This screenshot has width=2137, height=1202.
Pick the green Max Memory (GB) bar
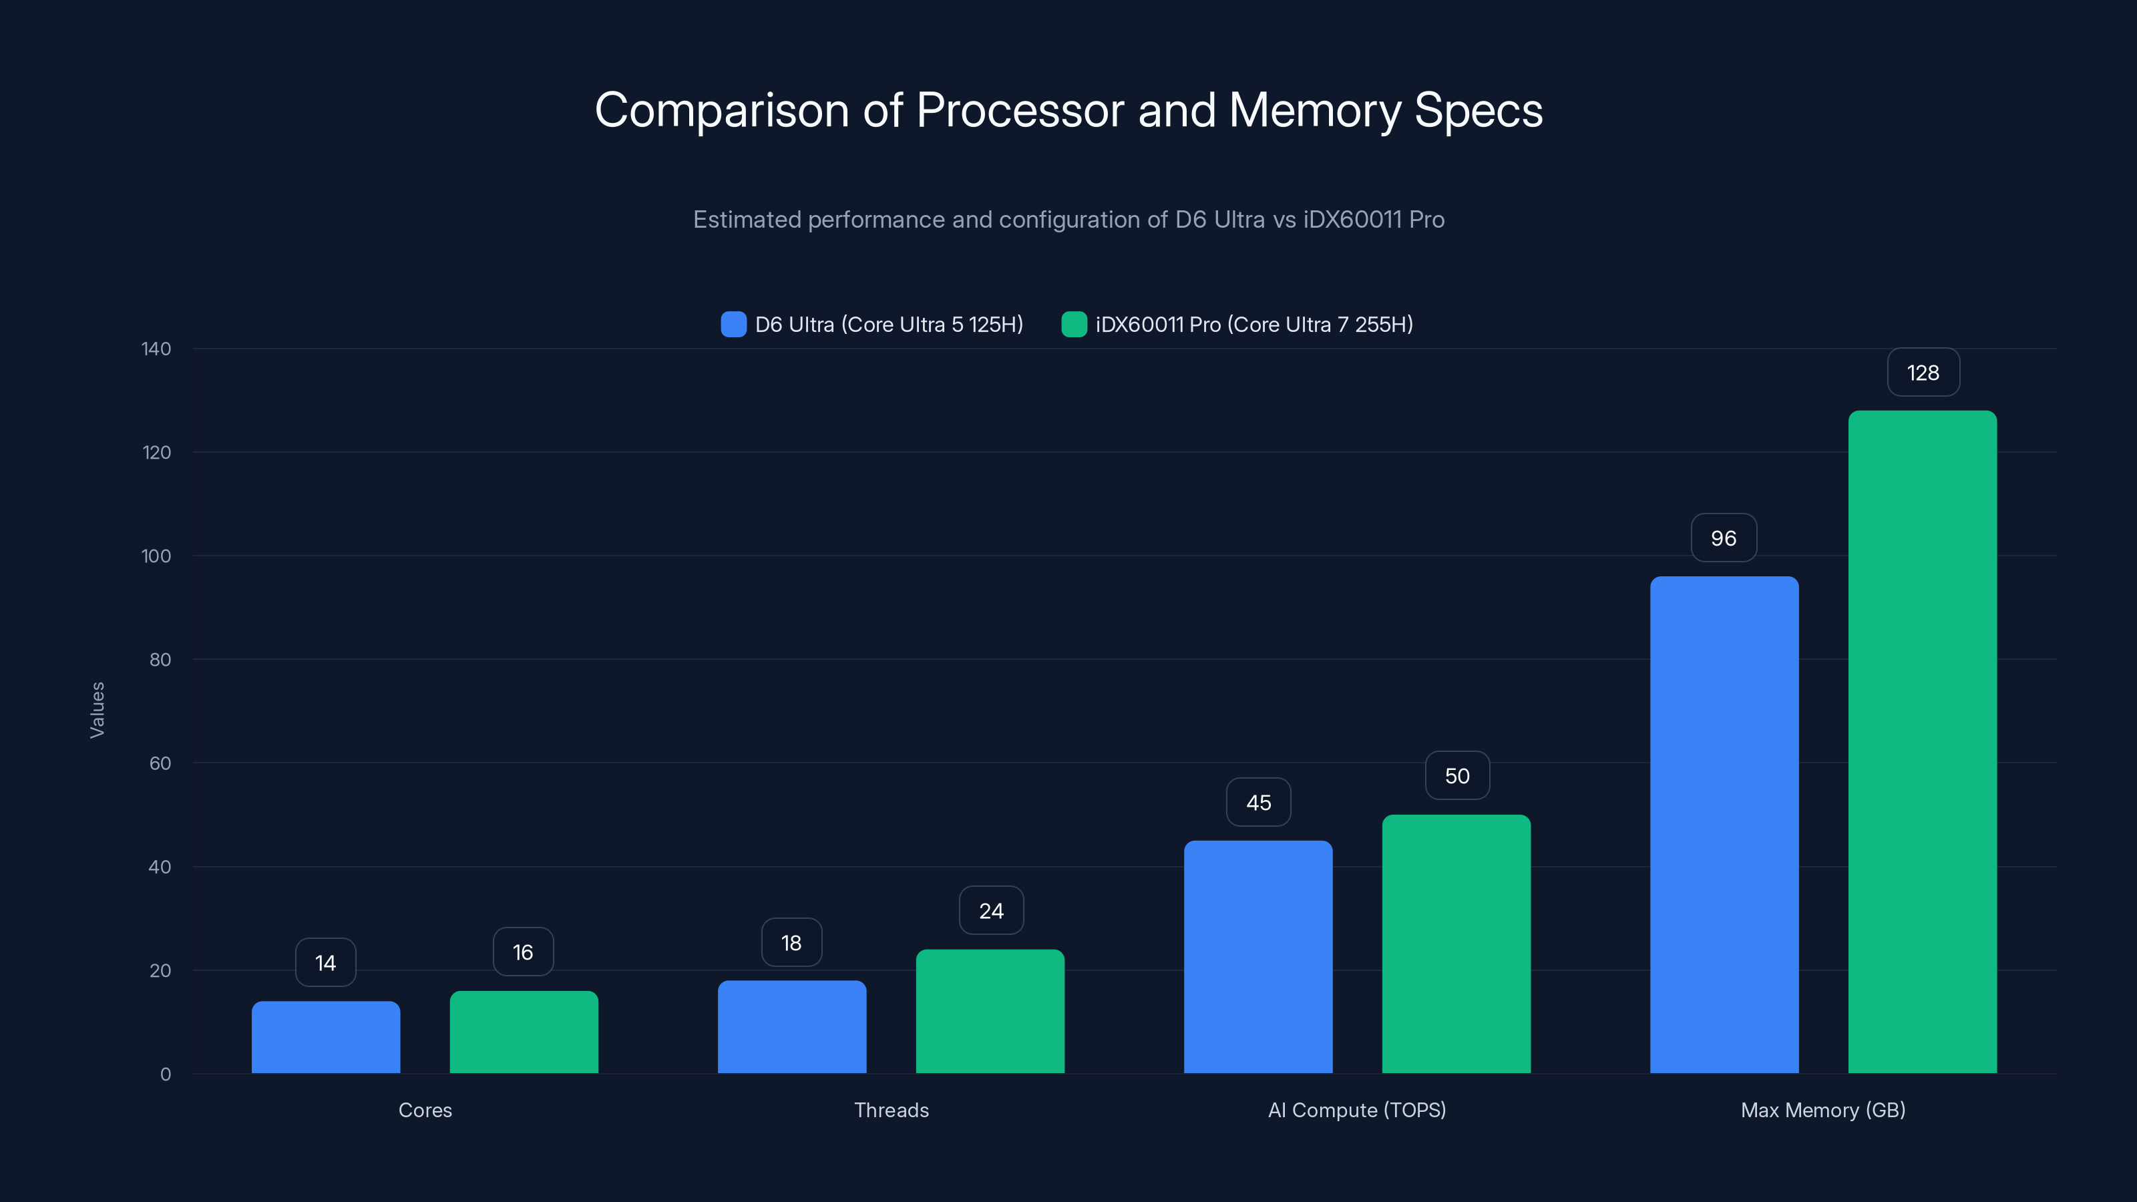1922,742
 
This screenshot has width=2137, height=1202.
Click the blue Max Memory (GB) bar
1724,825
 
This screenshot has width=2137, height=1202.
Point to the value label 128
1923,373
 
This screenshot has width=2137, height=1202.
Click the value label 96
1724,538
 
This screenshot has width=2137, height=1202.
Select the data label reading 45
1258,802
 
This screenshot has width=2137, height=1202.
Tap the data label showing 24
991,911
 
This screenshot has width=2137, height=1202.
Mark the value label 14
325,962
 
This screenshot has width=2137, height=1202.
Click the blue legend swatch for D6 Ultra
733,325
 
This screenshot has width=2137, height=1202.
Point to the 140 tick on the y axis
156,349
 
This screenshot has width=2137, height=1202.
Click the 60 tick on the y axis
160,763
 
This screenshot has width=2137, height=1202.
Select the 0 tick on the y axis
165,1074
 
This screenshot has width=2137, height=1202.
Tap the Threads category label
891,1110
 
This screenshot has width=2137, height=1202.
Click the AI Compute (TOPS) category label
1356,1110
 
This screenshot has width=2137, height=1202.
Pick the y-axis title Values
97,710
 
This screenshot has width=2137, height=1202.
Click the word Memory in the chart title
1314,110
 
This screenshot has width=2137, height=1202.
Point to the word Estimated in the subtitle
747,220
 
